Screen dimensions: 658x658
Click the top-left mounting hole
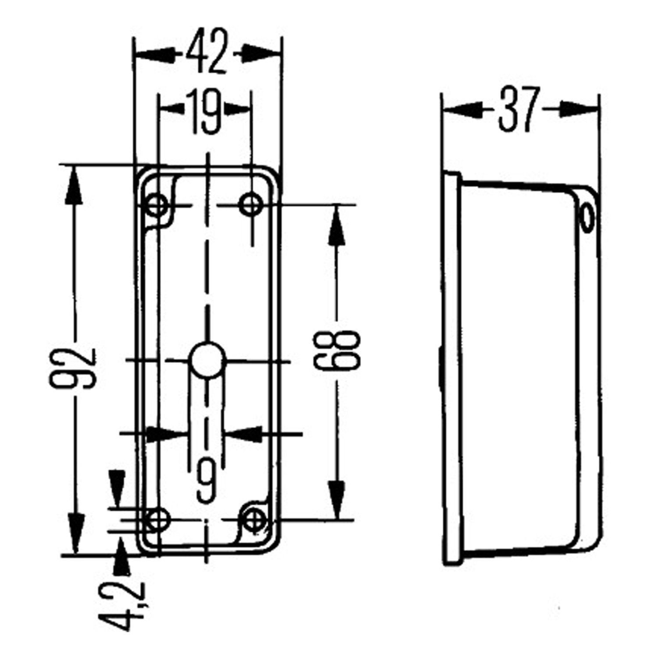pyautogui.click(x=156, y=204)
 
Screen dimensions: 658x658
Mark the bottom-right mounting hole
pyautogui.click(x=252, y=520)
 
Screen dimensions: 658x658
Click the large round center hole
pyautogui.click(x=207, y=361)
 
